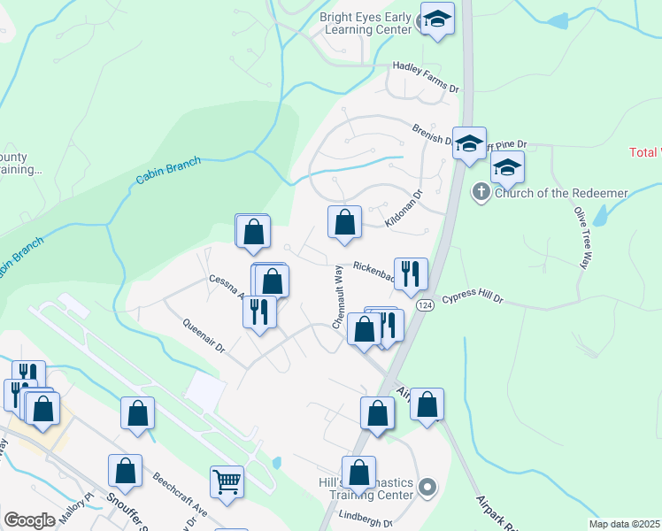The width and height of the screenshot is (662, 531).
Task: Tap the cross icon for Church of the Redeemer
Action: point(481,191)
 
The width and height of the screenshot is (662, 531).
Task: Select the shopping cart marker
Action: point(227,482)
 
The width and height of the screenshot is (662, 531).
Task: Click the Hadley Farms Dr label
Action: point(428,65)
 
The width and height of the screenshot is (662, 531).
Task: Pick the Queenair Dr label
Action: point(204,336)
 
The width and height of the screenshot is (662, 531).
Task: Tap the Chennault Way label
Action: point(337,297)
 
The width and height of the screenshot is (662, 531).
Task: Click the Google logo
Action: point(30,520)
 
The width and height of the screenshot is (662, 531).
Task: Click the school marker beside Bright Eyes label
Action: point(436,19)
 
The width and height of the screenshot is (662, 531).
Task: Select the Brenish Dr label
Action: point(431,134)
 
